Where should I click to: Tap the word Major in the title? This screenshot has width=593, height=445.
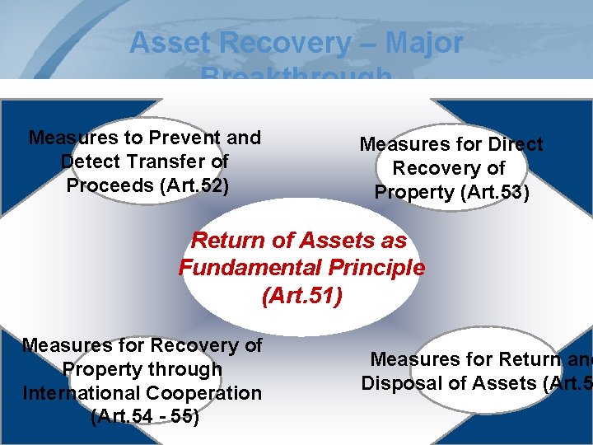(x=423, y=43)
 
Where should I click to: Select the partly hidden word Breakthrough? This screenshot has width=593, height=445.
(x=296, y=76)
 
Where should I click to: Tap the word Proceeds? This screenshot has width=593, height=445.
(x=105, y=185)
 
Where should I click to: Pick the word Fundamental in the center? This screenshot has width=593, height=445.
(x=245, y=268)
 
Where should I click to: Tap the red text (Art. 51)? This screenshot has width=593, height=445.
(x=301, y=295)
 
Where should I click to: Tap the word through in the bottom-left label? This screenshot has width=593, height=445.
(x=182, y=369)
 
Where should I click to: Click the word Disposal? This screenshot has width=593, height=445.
(x=397, y=383)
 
